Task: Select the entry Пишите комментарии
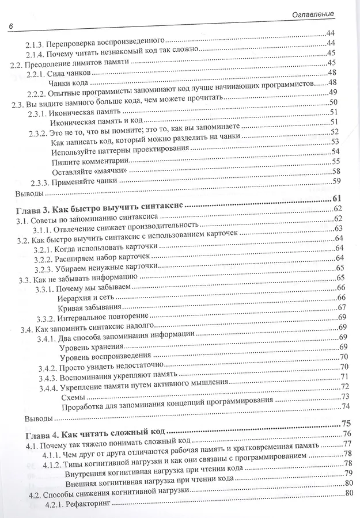[x=85, y=161]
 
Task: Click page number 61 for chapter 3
[x=338, y=199]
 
